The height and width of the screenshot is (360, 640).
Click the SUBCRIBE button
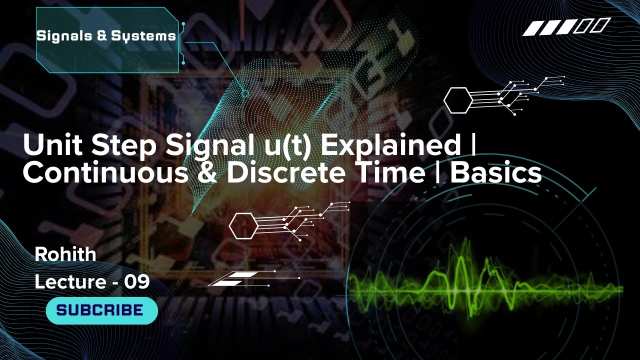pyautogui.click(x=101, y=310)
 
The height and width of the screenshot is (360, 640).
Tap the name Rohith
pyautogui.click(x=65, y=254)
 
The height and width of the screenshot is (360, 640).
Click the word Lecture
pyautogui.click(x=69, y=282)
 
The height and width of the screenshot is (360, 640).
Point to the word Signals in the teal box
pyautogui.click(x=59, y=36)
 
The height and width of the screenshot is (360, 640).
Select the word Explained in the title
pyautogui.click(x=390, y=145)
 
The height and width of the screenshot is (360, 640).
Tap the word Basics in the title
pyautogui.click(x=496, y=172)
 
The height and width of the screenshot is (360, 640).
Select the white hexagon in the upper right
pyautogui.click(x=457, y=100)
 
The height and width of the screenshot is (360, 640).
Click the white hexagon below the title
pyautogui.click(x=243, y=226)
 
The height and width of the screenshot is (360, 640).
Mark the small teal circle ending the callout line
pyautogui.click(x=245, y=93)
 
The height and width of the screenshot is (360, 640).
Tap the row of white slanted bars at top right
pyautogui.click(x=566, y=27)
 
